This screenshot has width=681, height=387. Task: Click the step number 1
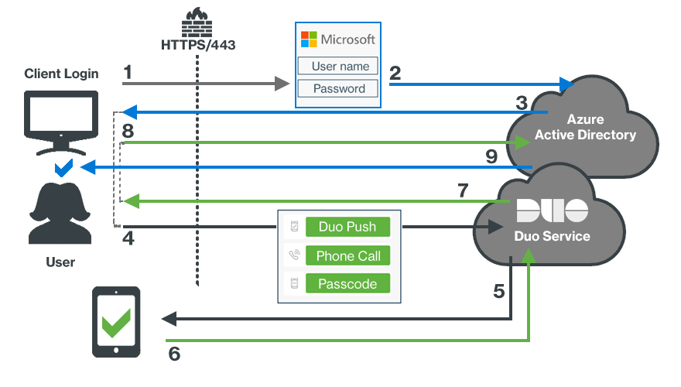coord(128,73)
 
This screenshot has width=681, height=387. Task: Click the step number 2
coord(395,74)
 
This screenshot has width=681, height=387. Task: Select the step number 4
coord(128,239)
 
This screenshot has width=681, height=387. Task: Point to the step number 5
coord(499,292)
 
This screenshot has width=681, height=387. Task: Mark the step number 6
coord(174,354)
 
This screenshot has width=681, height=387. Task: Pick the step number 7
coord(463,190)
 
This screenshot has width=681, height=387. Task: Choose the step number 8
coord(128,131)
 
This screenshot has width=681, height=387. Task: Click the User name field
coord(338,67)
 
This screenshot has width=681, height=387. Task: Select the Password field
coord(338,88)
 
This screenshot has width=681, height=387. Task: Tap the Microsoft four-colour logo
coord(309,39)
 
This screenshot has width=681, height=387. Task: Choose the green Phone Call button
coord(347,255)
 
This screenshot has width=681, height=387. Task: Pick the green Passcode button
coord(347,284)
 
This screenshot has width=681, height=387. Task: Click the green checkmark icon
coord(117,322)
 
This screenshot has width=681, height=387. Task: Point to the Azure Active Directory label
coord(585,128)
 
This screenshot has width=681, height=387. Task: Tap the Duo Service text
coord(552,236)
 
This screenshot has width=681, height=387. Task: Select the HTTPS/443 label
coord(198,45)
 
